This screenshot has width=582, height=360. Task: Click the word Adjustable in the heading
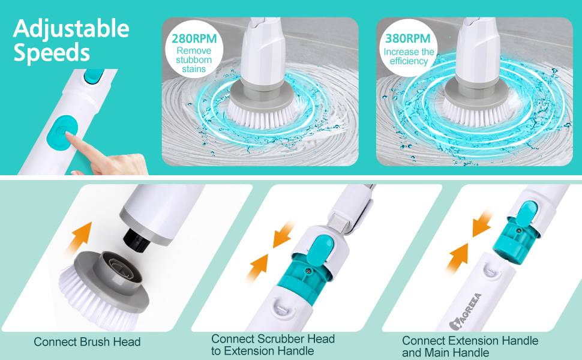(x=71, y=29)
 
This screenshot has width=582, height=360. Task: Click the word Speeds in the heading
(x=52, y=53)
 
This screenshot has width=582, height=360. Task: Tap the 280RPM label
(x=194, y=38)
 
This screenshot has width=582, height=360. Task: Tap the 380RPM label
(x=408, y=38)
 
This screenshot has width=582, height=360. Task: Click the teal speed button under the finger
(x=60, y=133)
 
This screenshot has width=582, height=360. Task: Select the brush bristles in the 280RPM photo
(x=263, y=116)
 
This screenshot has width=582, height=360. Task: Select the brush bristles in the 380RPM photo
(x=477, y=113)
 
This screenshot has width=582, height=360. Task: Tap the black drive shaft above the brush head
(x=137, y=241)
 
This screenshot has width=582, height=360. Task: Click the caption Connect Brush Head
(x=87, y=342)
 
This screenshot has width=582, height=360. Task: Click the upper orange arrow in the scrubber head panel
(x=283, y=235)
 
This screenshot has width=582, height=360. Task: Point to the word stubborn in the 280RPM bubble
(x=194, y=60)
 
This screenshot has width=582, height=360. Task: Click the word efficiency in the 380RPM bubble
(x=409, y=61)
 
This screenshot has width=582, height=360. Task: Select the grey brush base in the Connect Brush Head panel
(x=112, y=277)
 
